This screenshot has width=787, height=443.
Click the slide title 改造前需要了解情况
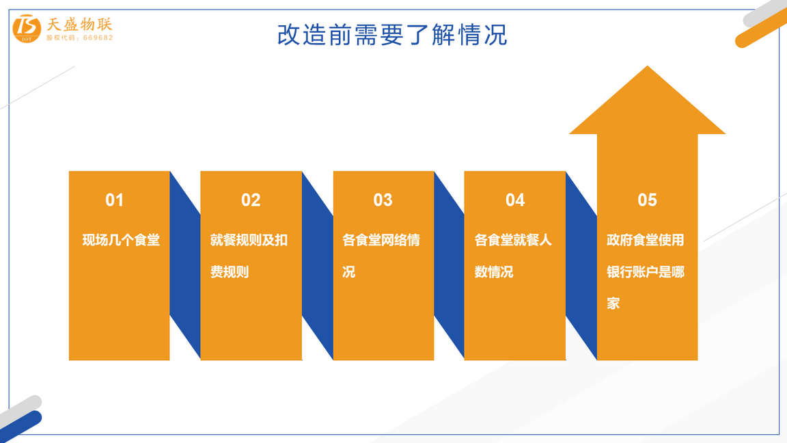[x=392, y=35]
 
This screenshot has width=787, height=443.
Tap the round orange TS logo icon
[x=27, y=29]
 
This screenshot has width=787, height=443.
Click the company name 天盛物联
[x=80, y=24]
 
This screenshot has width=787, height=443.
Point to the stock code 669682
[x=98, y=38]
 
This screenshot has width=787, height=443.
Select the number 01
[x=115, y=200]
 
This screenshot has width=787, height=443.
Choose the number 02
[x=251, y=200]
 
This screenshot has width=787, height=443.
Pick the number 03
[x=383, y=200]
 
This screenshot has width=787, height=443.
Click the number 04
[x=515, y=200]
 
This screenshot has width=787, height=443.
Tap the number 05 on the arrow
[x=647, y=200]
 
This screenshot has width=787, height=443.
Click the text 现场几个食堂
[x=121, y=240]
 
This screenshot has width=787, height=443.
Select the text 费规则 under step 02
[x=230, y=271]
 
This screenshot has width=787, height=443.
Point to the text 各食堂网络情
[x=381, y=240]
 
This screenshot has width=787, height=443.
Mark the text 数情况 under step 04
[x=494, y=271]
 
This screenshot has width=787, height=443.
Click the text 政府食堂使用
[x=646, y=240]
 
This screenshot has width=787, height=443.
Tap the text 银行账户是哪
[x=646, y=271]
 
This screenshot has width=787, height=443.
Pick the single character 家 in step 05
[x=613, y=304]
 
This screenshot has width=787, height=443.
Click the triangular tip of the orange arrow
[x=647, y=66]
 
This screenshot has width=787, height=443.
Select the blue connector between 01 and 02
[x=185, y=265]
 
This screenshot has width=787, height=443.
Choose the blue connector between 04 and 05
[x=581, y=265]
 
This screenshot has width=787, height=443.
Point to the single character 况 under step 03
[x=349, y=271]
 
